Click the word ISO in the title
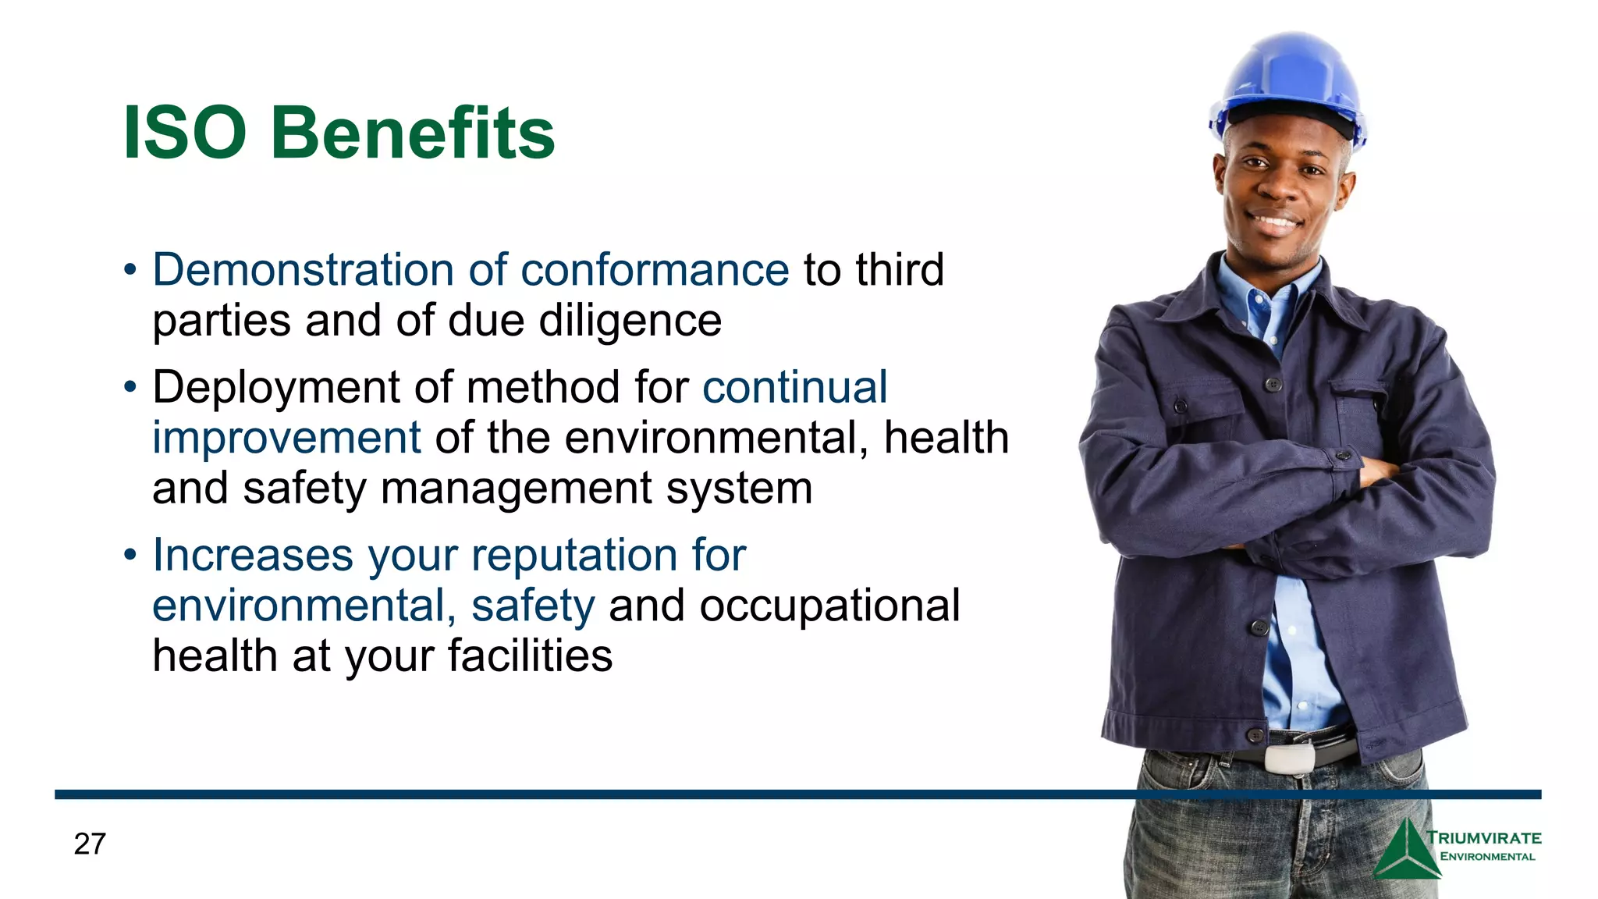coord(185,133)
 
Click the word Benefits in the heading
coord(413,133)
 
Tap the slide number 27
coord(90,844)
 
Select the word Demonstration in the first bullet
coord(303,270)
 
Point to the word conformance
coord(655,270)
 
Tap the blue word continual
coord(794,387)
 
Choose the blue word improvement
coord(286,438)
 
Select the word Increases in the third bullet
coord(253,556)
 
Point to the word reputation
coord(574,556)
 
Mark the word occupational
coord(829,606)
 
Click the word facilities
coord(531,656)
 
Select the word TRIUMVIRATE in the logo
coord(1484,838)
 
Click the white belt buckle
coord(1289,758)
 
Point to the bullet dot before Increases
coord(130,556)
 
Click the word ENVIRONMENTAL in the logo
coord(1487,857)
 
